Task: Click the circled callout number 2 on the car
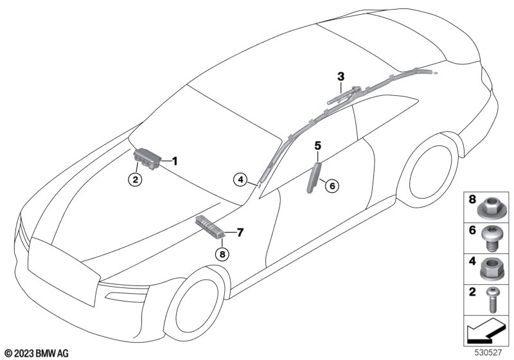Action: (136, 179)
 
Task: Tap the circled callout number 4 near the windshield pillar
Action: (240, 179)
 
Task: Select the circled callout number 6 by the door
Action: (332, 186)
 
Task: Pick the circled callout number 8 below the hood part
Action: (222, 254)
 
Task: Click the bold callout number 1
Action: (175, 161)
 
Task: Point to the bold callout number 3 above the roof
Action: (341, 76)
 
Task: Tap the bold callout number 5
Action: (317, 145)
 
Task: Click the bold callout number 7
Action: (240, 233)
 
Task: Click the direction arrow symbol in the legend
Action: (485, 332)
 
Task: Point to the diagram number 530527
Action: (488, 352)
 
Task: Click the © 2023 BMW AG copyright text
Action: (37, 354)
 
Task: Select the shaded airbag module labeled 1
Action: (147, 158)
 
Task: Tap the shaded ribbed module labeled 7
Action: (210, 226)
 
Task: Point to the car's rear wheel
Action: (429, 172)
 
